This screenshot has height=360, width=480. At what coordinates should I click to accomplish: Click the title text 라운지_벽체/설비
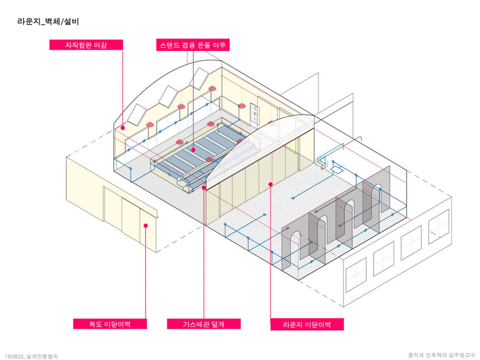[x=48, y=22]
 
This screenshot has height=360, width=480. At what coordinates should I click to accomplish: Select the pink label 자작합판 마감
[x=86, y=45]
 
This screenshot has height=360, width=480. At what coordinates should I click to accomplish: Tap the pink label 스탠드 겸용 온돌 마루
[x=193, y=45]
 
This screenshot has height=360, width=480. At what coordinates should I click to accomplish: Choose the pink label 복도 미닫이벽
[x=110, y=324]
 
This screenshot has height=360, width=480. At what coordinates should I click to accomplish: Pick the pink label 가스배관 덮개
[x=204, y=324]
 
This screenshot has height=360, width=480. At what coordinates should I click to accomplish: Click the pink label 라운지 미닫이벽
[x=306, y=324]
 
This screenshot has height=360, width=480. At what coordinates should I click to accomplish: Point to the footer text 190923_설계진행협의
[x=31, y=356]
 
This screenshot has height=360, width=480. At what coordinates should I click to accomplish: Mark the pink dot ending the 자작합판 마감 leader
[x=123, y=127]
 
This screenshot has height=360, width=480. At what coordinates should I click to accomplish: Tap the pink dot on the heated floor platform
[x=193, y=150]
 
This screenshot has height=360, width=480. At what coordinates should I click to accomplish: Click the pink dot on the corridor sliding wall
[x=146, y=225]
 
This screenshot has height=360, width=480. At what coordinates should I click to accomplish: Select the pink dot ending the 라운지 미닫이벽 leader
[x=270, y=184]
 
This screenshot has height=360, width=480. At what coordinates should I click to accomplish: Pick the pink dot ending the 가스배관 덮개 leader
[x=204, y=187]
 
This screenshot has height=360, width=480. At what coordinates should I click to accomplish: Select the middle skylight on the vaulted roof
[x=168, y=96]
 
